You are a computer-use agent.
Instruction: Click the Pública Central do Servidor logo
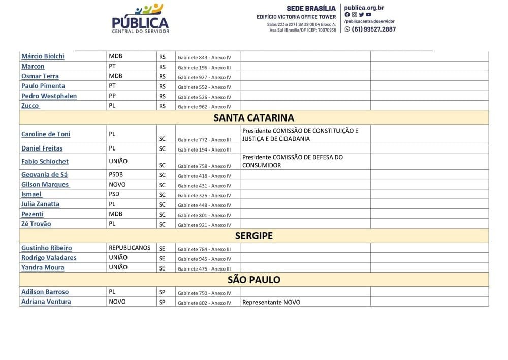(x=140, y=18)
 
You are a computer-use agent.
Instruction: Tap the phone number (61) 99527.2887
(x=373, y=29)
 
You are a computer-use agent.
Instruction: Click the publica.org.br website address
(x=364, y=8)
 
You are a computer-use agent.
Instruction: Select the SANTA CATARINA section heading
(x=253, y=118)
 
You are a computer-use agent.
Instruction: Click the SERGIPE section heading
(x=253, y=236)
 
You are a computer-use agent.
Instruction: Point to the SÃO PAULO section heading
(x=253, y=280)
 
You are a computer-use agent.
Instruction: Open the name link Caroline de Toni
(x=46, y=134)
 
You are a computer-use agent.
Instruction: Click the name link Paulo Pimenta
(x=43, y=86)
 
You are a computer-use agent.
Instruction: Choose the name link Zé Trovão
(x=36, y=224)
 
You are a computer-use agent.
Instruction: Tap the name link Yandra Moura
(x=43, y=267)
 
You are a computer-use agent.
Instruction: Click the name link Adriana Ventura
(x=46, y=302)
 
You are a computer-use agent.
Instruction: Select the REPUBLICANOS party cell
(x=130, y=248)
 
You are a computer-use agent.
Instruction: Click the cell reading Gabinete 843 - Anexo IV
(x=204, y=57)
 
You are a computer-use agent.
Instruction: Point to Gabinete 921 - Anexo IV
(x=204, y=225)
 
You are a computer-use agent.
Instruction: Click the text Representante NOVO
(x=271, y=302)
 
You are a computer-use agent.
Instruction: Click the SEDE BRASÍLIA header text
(x=311, y=8)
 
